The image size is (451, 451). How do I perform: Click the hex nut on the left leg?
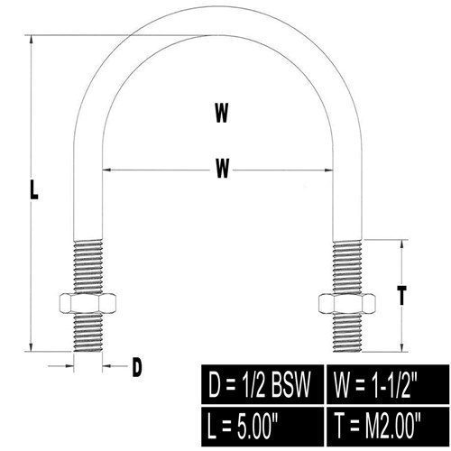click(x=87, y=303)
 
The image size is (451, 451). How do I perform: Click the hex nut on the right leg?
click(x=347, y=303)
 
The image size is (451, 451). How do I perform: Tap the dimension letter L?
click(x=34, y=189)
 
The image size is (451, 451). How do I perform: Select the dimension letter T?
click(x=401, y=295)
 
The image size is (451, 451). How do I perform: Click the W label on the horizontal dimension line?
click(x=223, y=168)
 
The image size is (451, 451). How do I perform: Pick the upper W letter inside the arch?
click(x=222, y=113)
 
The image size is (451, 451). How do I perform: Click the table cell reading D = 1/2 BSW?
click(x=262, y=384)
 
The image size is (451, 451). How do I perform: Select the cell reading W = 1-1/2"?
click(x=388, y=384)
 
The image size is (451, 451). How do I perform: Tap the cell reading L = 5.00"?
click(x=262, y=427)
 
